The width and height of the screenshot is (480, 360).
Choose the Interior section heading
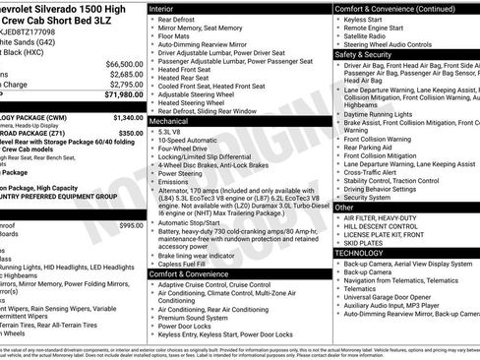coord(161,8)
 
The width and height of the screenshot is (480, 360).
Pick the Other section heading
coord(345,208)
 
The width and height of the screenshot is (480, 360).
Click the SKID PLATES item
coord(364,242)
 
